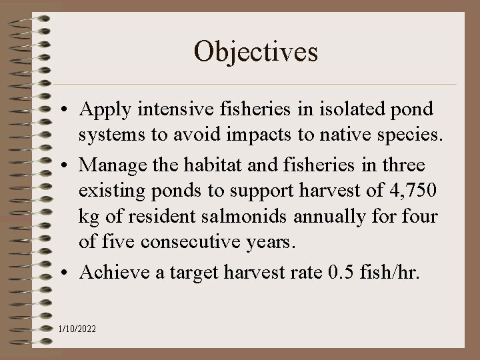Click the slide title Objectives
256,51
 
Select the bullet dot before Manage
69,164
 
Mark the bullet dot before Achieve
69,271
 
